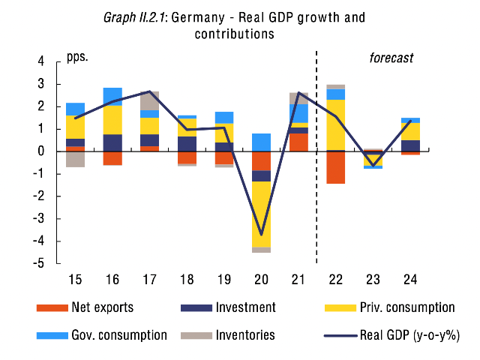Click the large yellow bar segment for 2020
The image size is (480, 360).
coord(261,214)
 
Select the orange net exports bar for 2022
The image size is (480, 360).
coord(336,167)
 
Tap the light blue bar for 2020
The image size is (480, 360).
coord(261,142)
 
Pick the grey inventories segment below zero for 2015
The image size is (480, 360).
coord(75,159)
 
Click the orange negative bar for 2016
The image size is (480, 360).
coord(112,158)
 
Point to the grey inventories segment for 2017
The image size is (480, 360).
coord(150,100)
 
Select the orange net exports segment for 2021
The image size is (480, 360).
coord(298,142)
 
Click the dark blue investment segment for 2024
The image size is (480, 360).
coord(410,145)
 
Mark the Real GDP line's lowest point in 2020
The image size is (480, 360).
coord(261,235)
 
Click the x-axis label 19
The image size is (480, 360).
coord(224,280)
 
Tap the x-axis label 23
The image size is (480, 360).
coord(373,280)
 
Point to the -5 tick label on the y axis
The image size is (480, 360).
coord(38,263)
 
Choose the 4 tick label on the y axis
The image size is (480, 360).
coord(41,61)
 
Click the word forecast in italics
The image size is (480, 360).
coord(391,58)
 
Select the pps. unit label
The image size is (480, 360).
coord(77,57)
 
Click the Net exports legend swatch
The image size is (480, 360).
coord(52,307)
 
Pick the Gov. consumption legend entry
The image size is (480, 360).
coord(102,335)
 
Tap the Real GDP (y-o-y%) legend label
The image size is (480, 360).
coord(410,335)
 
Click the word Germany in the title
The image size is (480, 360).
coord(198,18)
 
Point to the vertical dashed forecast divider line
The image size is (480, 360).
coord(316,157)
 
